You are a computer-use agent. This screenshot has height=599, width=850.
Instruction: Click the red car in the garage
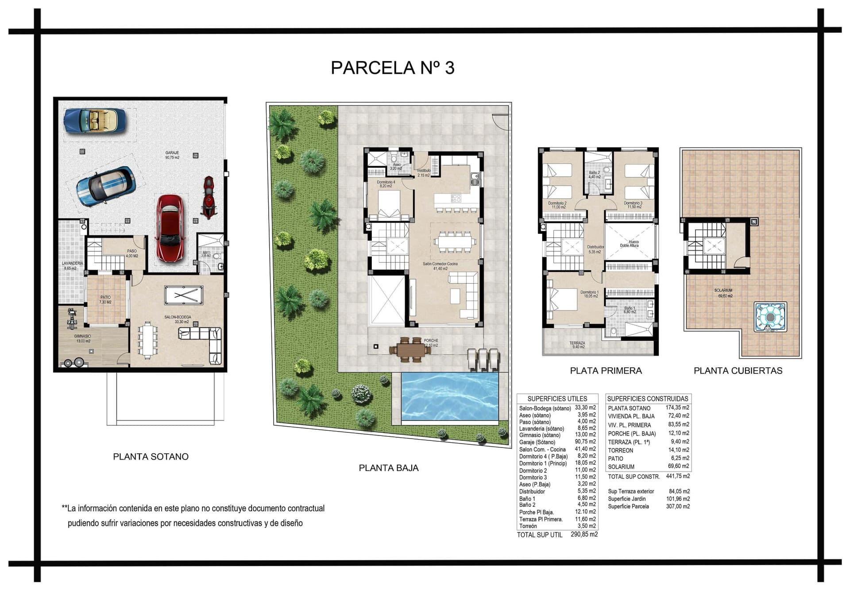point(170,229)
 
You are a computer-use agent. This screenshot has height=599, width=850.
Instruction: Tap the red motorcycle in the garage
point(209,198)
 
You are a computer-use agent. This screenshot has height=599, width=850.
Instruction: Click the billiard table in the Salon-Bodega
point(183,295)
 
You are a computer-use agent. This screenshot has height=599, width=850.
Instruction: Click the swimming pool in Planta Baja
point(450,396)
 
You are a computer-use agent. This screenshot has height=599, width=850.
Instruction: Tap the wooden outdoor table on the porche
point(410,349)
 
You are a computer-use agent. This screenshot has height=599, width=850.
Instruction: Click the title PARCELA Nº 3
point(392,68)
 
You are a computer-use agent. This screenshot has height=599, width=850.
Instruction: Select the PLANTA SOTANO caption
point(151,457)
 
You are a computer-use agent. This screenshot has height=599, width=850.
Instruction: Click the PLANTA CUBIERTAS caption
point(738,371)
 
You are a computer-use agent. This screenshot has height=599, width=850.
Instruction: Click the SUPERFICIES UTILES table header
point(557,399)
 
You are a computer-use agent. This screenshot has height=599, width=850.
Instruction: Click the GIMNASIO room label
point(82,336)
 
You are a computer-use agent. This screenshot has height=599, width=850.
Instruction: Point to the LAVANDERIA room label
point(72,263)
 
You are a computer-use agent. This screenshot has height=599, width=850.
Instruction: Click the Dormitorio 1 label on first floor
point(589,292)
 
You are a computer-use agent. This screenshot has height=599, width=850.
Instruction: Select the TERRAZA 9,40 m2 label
point(577,343)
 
